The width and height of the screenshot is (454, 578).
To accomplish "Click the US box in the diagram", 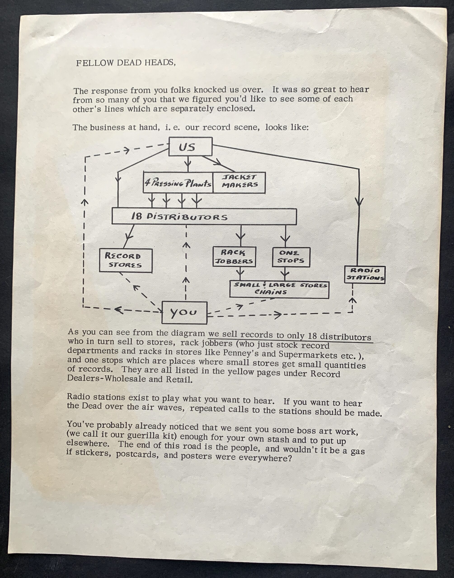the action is tap(191, 147).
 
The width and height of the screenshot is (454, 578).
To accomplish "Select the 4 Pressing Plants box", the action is tap(178, 183).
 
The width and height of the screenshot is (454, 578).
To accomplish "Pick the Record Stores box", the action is tap(126, 261).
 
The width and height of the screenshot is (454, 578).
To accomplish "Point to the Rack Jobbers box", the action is tap(234, 257).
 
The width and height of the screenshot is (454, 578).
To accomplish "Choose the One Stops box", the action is tap(291, 257).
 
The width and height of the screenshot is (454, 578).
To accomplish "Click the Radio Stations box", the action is tap(365, 274).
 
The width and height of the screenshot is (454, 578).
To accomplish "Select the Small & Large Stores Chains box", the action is tap(279, 290).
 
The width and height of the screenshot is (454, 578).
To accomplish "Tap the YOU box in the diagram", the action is tap(184, 313).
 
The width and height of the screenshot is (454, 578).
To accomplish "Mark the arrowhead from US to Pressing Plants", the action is tap(188, 161).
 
